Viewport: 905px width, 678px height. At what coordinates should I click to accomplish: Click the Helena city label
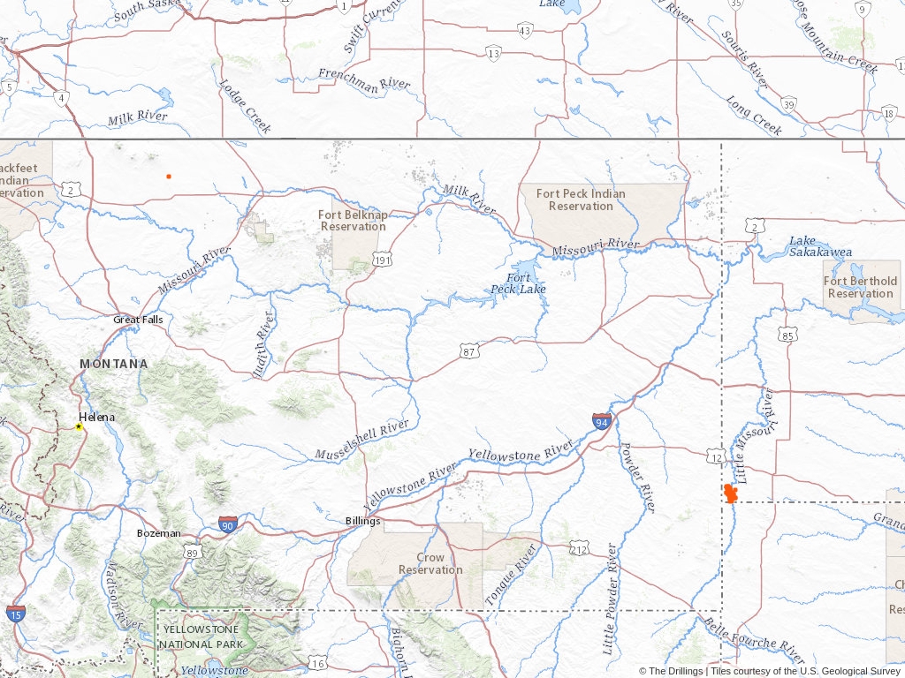[96, 416]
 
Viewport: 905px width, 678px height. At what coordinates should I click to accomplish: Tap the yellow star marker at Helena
[79, 426]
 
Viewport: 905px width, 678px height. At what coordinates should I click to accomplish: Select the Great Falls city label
[137, 320]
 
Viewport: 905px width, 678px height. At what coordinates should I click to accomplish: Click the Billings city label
[362, 521]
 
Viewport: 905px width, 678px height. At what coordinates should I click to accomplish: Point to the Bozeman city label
[159, 533]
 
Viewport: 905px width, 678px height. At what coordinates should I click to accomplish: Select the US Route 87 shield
[469, 352]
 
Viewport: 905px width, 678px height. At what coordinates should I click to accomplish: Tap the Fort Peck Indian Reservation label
[581, 200]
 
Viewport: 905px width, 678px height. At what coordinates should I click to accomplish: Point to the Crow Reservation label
[430, 563]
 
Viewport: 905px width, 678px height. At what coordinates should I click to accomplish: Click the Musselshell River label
[362, 440]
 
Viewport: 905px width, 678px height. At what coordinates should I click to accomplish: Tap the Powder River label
[637, 477]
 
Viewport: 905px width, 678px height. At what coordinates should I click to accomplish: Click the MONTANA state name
[113, 364]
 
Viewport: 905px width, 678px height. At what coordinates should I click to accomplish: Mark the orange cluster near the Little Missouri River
[730, 493]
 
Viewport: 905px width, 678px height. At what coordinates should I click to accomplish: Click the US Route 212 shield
[579, 550]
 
